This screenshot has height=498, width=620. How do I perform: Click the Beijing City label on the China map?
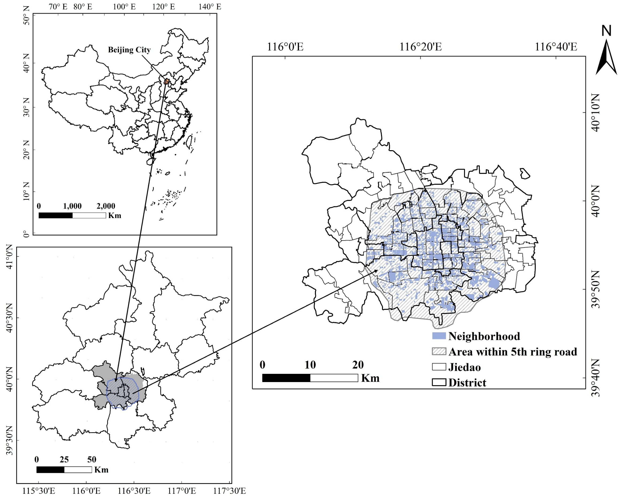click(129, 50)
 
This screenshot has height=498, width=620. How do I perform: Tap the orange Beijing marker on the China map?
click(166, 82)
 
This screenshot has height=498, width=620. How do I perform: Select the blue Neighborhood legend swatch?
click(439, 336)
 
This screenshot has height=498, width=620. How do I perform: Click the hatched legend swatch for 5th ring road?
click(439, 352)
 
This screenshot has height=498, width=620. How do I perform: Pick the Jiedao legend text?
click(464, 367)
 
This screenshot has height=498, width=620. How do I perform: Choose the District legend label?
click(467, 383)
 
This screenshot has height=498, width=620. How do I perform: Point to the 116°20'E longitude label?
click(420, 47)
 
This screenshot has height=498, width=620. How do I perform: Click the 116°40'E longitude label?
click(556, 47)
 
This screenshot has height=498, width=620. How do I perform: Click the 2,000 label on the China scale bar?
click(106, 206)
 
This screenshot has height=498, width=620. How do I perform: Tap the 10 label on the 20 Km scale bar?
click(310, 365)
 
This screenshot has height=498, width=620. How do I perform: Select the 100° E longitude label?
click(124, 7)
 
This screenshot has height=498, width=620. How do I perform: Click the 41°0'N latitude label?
click(9, 257)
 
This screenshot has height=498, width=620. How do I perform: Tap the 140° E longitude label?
click(210, 7)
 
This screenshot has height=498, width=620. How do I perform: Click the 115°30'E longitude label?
click(38, 491)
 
